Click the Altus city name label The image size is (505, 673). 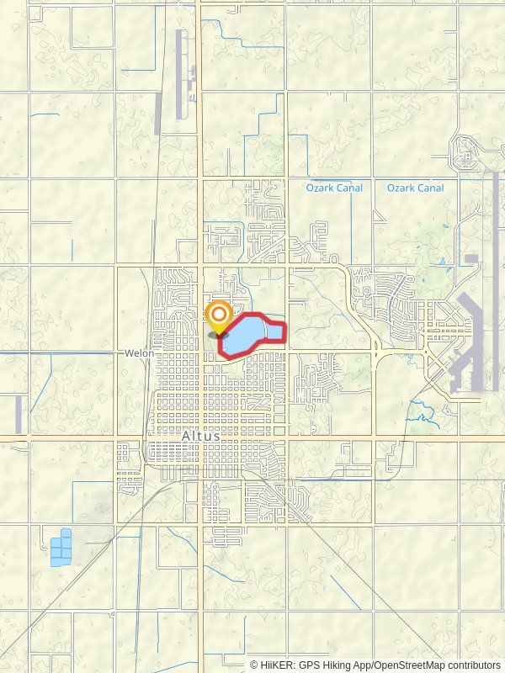[x=201, y=436]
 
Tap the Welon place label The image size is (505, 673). [x=139, y=353]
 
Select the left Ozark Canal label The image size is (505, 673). [x=334, y=188]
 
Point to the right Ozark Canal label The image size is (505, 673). [x=415, y=188]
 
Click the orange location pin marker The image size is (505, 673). [x=219, y=317]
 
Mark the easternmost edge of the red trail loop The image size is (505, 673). [x=287, y=333]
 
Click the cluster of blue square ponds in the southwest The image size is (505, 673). [x=61, y=548]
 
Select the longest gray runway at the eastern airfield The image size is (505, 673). [x=496, y=278]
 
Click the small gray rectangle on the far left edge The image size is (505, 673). [x=19, y=415]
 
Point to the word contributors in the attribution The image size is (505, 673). [x=474, y=665]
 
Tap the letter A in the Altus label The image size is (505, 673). [x=187, y=436]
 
